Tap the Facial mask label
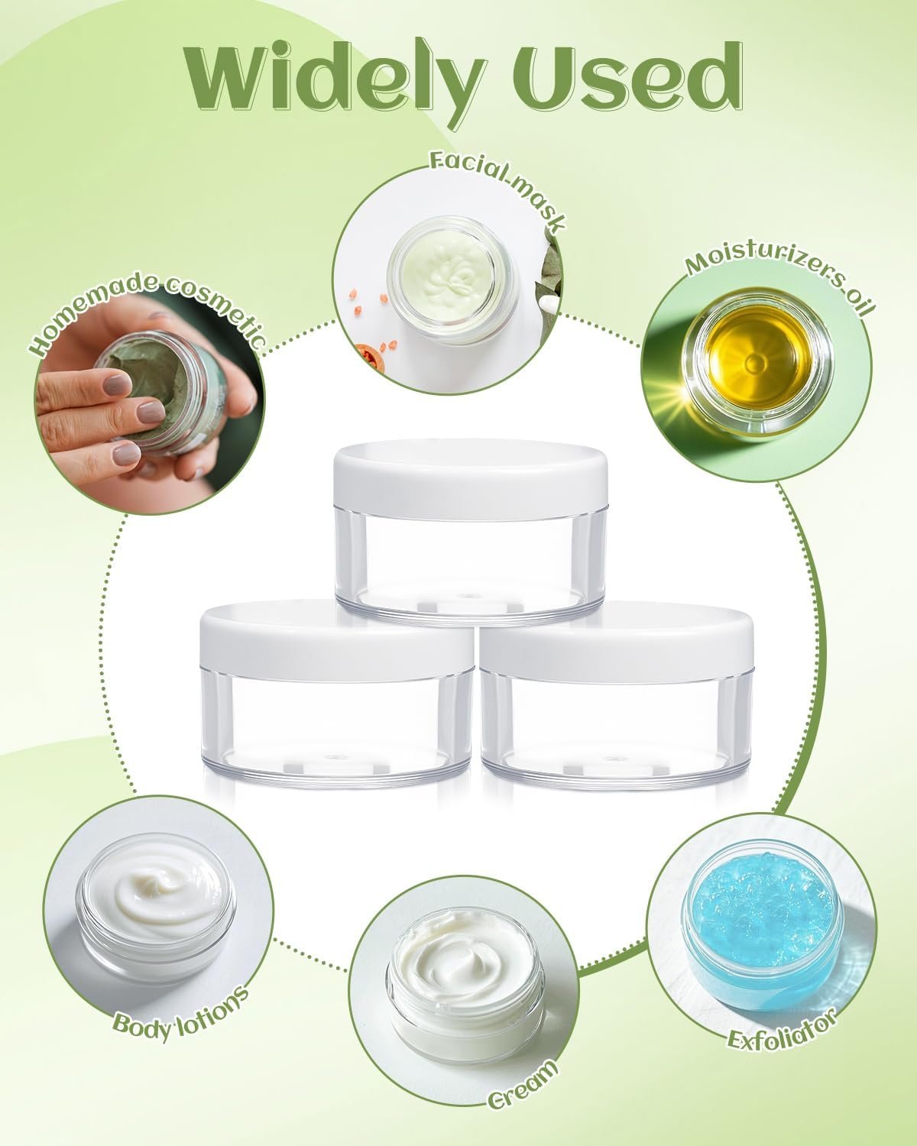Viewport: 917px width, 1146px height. pos(495,183)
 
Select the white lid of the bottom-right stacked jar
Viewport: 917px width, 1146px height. pos(617,641)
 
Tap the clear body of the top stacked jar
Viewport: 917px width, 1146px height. pos(471,567)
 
